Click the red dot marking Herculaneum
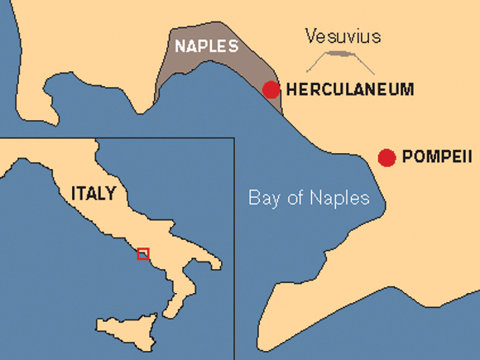[x=271, y=89]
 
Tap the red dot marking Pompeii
[x=386, y=157]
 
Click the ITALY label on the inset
[x=94, y=194]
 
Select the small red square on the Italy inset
[x=143, y=253]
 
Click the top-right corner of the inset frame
[x=235, y=137]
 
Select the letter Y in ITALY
[x=111, y=194]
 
